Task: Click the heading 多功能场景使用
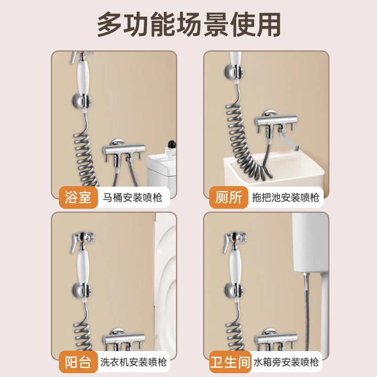pyautogui.click(x=188, y=24)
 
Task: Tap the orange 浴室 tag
pyautogui.click(x=78, y=197)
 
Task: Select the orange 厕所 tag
pyautogui.click(x=229, y=197)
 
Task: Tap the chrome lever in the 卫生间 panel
pyautogui.click(x=228, y=241)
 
